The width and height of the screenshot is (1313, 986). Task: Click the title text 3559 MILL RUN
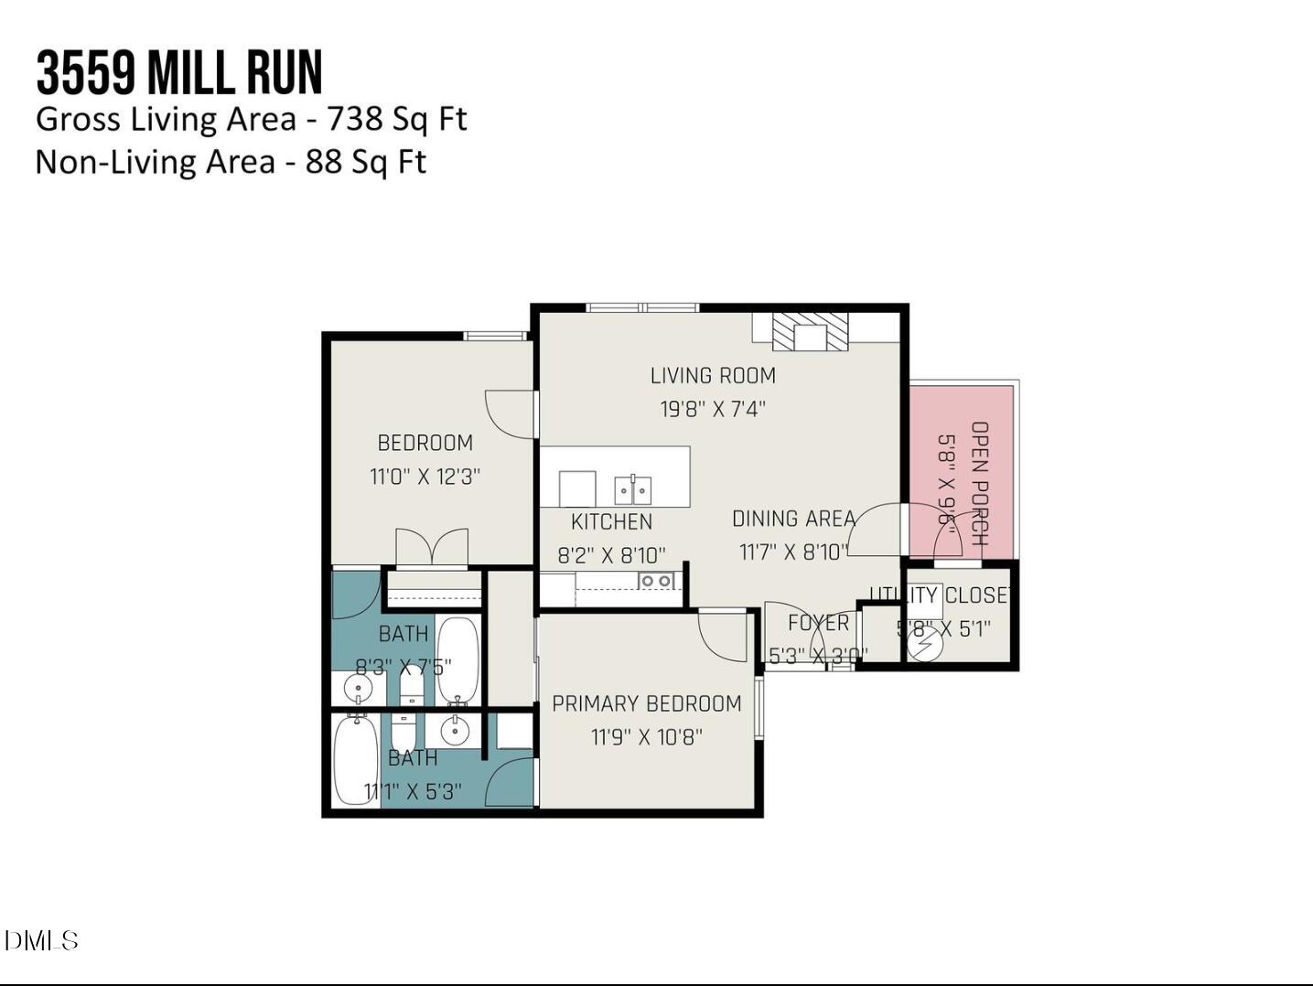179,73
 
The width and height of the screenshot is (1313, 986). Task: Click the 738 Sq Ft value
396,119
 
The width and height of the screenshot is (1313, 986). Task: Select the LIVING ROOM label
713,376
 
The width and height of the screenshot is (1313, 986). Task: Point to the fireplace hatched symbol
810,332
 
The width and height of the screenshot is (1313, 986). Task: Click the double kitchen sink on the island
632,489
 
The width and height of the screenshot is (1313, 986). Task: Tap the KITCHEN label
611,522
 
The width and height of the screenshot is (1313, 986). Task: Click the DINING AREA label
793,519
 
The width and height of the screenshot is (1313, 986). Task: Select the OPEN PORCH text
979,483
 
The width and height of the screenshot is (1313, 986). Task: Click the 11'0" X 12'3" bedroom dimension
425,477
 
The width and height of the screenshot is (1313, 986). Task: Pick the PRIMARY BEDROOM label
646,703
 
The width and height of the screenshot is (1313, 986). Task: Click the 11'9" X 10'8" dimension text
646,737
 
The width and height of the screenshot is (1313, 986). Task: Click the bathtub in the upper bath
457,659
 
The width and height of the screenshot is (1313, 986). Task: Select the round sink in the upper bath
358,688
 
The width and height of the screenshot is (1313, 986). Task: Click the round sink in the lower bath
454,731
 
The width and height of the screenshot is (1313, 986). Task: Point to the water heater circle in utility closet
924,643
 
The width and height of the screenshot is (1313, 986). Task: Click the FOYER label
818,623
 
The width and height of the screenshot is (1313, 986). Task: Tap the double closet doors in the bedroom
432,549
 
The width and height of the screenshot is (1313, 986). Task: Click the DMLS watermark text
41,940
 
